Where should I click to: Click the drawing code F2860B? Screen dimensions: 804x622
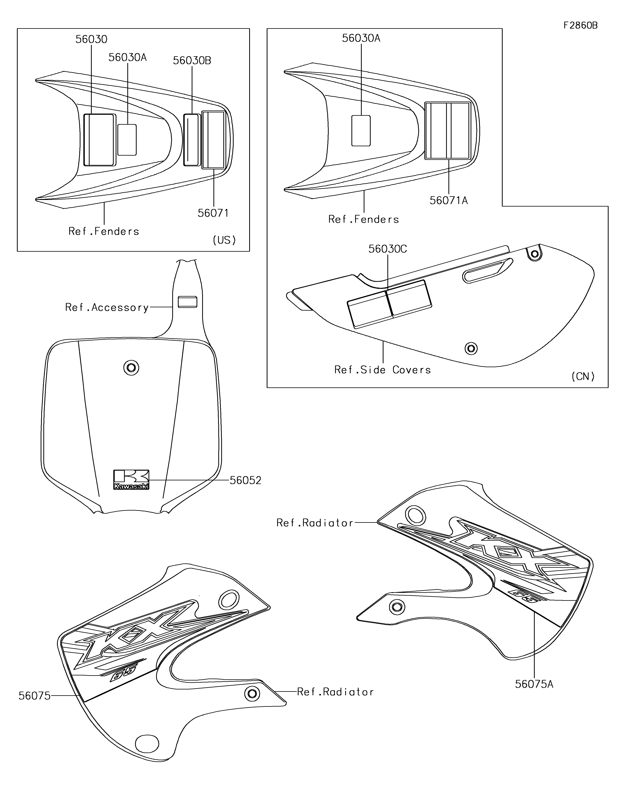pyautogui.click(x=580, y=25)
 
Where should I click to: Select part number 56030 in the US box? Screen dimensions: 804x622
pyautogui.click(x=91, y=39)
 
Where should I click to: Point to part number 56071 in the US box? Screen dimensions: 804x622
pyautogui.click(x=213, y=213)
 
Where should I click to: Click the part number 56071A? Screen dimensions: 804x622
pyautogui.click(x=448, y=201)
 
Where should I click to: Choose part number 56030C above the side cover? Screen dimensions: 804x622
pyautogui.click(x=387, y=249)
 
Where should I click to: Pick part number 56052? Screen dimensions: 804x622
pyautogui.click(x=245, y=480)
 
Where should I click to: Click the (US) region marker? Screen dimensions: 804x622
pyautogui.click(x=224, y=240)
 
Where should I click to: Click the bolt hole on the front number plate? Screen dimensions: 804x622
pyautogui.click(x=131, y=367)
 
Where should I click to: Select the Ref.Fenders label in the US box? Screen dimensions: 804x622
pyautogui.click(x=104, y=232)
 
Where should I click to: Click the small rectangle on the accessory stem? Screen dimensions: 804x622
pyautogui.click(x=187, y=302)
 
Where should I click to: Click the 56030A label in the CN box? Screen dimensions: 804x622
pyautogui.click(x=361, y=38)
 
